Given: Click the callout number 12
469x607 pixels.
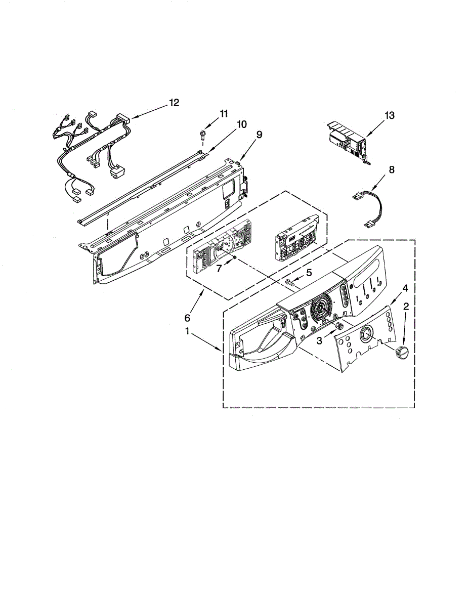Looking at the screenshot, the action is click(x=174, y=103).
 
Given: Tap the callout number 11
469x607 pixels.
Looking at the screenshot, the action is click(x=224, y=114).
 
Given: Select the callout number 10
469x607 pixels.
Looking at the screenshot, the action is click(x=242, y=124).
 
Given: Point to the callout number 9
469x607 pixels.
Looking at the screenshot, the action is click(x=259, y=135).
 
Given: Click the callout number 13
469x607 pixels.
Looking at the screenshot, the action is click(x=389, y=116).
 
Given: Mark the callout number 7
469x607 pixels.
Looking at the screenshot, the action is click(x=219, y=269).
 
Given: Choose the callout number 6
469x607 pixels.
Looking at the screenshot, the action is click(x=187, y=318).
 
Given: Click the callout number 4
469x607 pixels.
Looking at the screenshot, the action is click(x=405, y=288).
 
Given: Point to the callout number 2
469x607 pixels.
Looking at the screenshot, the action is click(x=406, y=307).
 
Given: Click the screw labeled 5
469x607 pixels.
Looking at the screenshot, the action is click(x=290, y=282).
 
